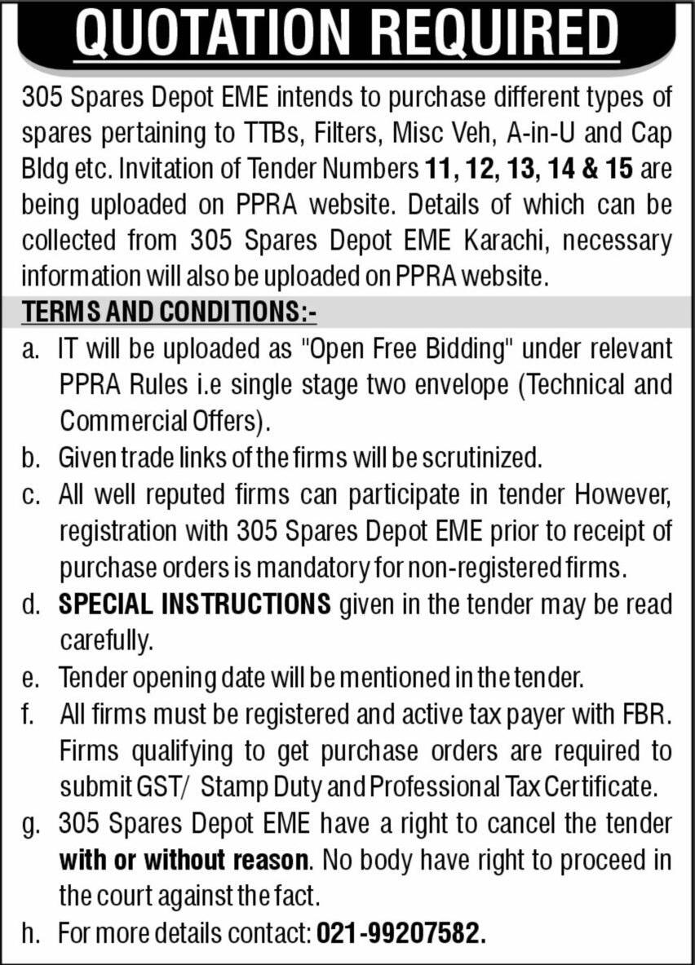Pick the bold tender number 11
[x=439, y=170]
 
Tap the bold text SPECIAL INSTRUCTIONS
[x=195, y=604]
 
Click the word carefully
[x=106, y=640]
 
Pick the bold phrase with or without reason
[x=184, y=861]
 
